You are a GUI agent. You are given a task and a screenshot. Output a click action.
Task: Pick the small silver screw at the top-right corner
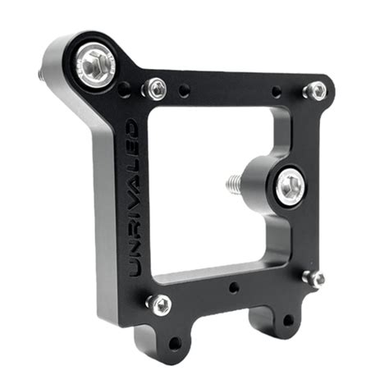click(x=315, y=91)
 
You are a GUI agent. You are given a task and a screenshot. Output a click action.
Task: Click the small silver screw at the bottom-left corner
click(x=159, y=305)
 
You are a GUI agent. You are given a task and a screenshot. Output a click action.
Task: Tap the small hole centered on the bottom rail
click(x=235, y=287)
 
